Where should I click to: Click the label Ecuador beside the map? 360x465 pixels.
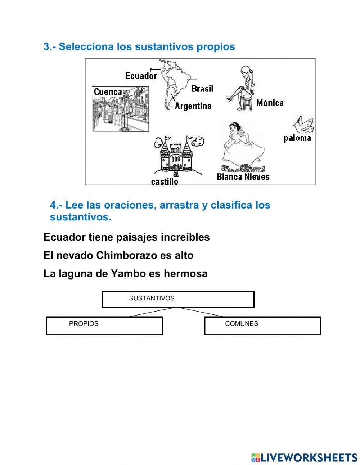click(x=141, y=76)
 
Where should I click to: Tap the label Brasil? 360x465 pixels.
click(x=202, y=89)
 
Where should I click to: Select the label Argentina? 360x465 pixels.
click(x=193, y=106)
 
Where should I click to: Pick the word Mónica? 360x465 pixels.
click(x=270, y=103)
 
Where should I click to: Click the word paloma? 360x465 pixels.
click(x=297, y=138)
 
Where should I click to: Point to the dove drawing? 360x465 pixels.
click(x=303, y=125)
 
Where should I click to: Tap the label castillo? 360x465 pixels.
click(x=165, y=182)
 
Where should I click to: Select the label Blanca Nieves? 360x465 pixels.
click(x=243, y=177)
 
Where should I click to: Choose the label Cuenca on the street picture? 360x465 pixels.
click(x=108, y=92)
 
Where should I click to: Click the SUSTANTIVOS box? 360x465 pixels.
click(x=178, y=299)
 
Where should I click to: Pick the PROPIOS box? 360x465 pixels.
click(x=104, y=326)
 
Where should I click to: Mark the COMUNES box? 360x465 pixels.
click(x=262, y=326)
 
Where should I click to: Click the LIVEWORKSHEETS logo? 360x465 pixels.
click(x=304, y=457)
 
